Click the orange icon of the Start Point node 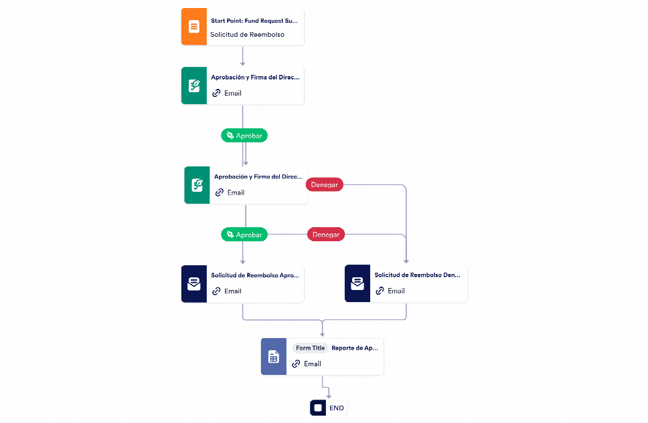[x=194, y=27]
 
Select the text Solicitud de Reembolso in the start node [x=247, y=35]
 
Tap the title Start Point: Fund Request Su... [x=254, y=21]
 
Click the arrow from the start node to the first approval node [x=242, y=55]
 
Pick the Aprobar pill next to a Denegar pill [x=244, y=235]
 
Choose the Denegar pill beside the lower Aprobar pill [x=325, y=235]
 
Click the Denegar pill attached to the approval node [x=325, y=184]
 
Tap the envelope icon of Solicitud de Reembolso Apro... [x=194, y=284]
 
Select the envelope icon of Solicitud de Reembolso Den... [x=357, y=283]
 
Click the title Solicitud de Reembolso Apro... [x=255, y=275]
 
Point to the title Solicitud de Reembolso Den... [x=418, y=275]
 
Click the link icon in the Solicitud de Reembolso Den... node [x=380, y=291]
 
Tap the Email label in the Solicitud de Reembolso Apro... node [x=233, y=291]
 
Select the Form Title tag [x=310, y=348]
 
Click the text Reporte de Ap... [x=355, y=348]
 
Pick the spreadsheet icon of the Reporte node [x=274, y=357]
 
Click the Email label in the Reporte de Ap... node [x=313, y=364]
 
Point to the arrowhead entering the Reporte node [x=323, y=334]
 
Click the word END [x=337, y=408]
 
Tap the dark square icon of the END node [x=318, y=408]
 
